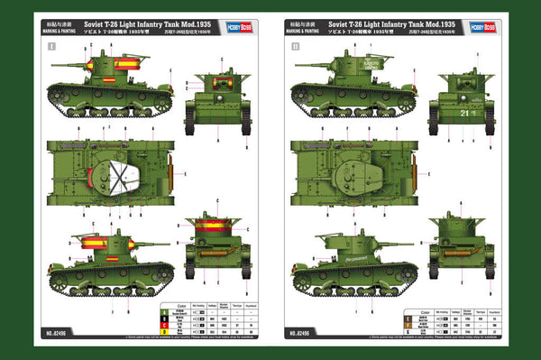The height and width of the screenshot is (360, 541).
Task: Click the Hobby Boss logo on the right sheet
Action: (485, 26)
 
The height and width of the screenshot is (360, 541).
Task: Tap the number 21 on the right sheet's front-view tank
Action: (464, 112)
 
